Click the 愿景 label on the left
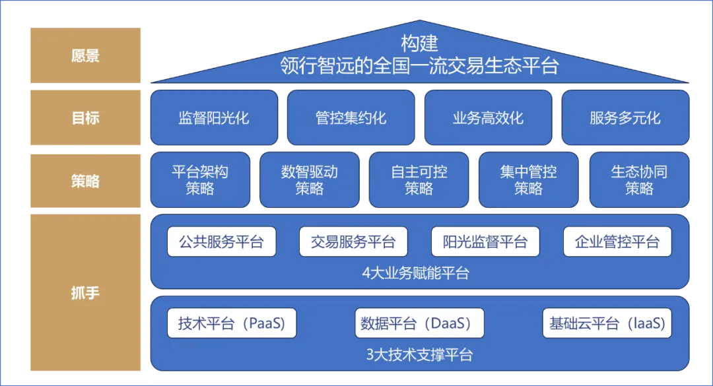85,56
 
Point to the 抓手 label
85,292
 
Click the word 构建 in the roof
419,44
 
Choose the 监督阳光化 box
214,118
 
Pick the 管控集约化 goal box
351,118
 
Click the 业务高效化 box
488,118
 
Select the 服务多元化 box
625,118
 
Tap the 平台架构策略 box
200,180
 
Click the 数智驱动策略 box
310,180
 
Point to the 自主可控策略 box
419,180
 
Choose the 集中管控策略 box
528,180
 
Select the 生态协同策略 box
639,180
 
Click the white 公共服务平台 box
221,241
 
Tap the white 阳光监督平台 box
485,241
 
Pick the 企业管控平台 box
617,241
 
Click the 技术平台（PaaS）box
231,323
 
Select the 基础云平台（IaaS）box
607,323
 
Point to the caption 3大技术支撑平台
419,354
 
